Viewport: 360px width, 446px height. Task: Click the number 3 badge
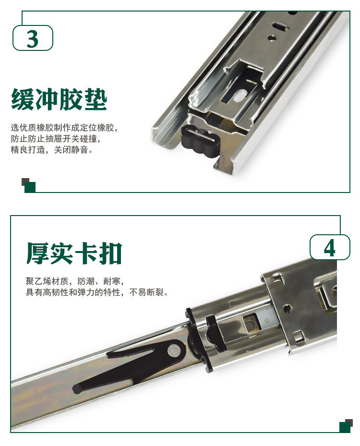pos(33,38)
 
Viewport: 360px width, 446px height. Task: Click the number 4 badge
pos(329,247)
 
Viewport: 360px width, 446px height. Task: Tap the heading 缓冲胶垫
pos(59,99)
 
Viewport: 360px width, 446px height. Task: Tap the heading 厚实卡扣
pos(74,253)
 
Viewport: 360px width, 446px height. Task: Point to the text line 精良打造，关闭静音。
pos(52,150)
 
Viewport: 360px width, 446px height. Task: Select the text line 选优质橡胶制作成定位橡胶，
pos(64,128)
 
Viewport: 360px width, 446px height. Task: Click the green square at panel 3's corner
pos(30,187)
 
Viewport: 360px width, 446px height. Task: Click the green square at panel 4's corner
pos(345,427)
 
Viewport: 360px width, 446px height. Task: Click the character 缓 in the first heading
pos(23,99)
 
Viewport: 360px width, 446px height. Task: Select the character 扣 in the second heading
pos(110,253)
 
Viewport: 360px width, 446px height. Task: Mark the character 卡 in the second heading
pos(86,253)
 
